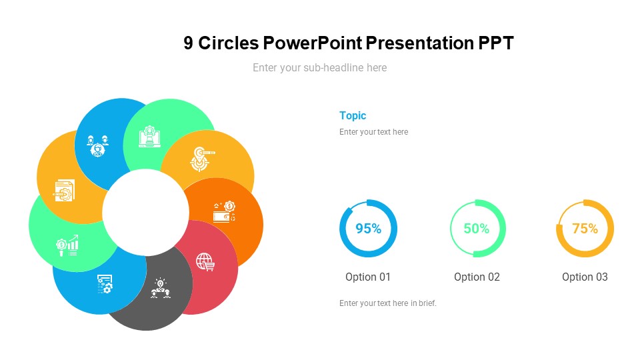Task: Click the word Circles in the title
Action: coord(228,43)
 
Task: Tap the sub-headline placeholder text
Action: coord(319,67)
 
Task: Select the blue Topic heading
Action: coord(353,115)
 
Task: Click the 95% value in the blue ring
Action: coord(368,229)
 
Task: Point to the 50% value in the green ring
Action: coord(476,229)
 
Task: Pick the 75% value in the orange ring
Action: coord(585,229)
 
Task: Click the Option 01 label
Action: coord(368,277)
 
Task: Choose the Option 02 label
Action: coord(477,277)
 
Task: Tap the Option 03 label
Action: coord(585,277)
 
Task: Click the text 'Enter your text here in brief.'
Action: coord(388,303)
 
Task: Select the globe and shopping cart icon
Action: coord(205,261)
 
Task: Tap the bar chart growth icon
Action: coord(67,245)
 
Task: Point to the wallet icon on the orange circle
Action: coord(224,212)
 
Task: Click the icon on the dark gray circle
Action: coord(160,288)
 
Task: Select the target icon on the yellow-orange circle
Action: coord(202,159)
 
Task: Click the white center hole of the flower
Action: coord(145,212)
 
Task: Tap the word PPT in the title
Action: coord(496,43)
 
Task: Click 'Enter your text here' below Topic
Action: coord(373,132)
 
